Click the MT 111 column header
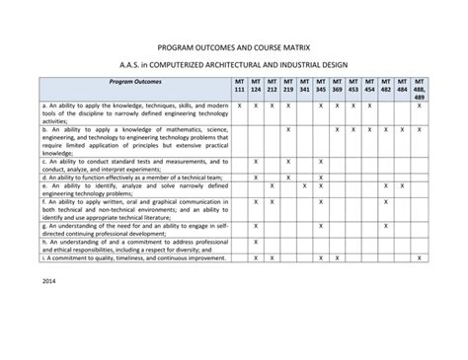[240, 87]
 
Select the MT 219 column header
[288, 87]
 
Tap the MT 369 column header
[337, 87]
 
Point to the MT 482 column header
[386, 87]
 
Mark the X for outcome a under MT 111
[240, 105]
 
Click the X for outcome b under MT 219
[288, 129]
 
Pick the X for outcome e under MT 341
[304, 185]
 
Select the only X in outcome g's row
[256, 226]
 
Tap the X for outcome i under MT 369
[337, 257]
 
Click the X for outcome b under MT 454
[369, 129]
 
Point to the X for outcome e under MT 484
[402, 185]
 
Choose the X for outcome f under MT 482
[386, 201]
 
